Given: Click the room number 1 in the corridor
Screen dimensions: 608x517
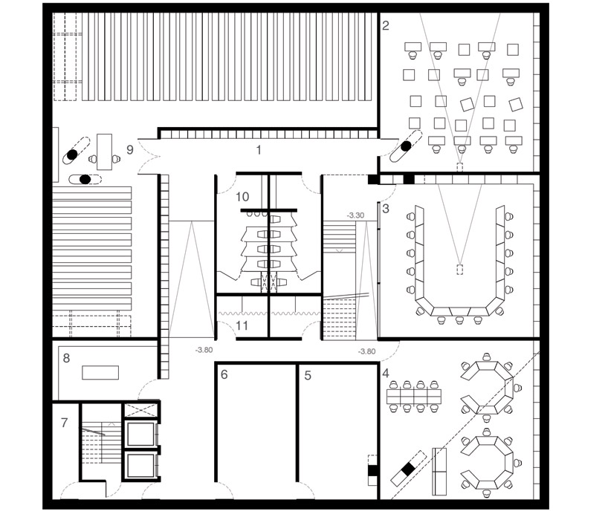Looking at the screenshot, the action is (x=259, y=149).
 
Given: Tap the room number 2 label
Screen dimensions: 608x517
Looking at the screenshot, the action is (x=386, y=25).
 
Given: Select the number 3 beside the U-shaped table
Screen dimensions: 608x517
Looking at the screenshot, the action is (x=386, y=209).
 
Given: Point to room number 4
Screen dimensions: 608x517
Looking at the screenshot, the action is (x=386, y=374).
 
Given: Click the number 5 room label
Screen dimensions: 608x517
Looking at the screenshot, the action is (x=308, y=376).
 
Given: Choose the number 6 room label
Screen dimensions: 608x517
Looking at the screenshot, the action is (x=224, y=375).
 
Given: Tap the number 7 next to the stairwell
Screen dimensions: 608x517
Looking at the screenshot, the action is (x=65, y=423).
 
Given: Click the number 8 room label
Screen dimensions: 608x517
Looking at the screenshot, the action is (x=66, y=358).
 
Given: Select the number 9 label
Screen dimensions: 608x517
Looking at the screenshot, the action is (x=130, y=149).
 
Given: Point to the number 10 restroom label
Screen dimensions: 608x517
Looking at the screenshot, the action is (x=242, y=197).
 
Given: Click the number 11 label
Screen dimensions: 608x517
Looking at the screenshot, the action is (x=242, y=325).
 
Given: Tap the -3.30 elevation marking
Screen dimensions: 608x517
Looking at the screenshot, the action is (x=355, y=215).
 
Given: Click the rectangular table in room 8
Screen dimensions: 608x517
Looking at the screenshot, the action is (x=100, y=372).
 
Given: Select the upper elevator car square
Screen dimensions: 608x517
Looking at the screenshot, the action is (x=140, y=435).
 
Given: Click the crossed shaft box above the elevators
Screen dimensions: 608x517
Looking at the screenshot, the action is (x=140, y=410).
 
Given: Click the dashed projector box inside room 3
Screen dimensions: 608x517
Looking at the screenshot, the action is (x=460, y=270).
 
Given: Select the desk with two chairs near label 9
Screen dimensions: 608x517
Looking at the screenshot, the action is (x=104, y=152).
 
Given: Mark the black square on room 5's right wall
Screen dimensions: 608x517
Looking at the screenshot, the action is (x=372, y=470).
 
